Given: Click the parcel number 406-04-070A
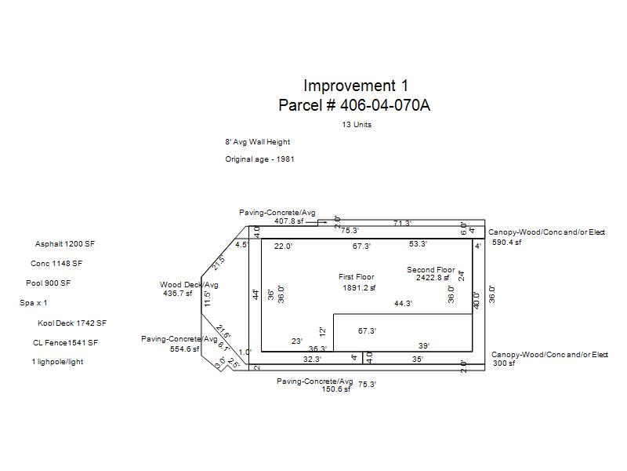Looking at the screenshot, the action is (385, 105).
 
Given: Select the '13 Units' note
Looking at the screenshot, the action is (357, 125).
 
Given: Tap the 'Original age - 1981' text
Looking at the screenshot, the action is (259, 159).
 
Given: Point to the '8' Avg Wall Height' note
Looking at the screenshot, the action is (258, 142).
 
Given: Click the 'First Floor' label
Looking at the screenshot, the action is (357, 277).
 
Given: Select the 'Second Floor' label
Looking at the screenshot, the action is (430, 270).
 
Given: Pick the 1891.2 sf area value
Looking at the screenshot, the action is (359, 287).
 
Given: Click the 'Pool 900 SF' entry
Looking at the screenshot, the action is (48, 283).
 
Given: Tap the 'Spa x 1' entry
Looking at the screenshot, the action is (33, 303).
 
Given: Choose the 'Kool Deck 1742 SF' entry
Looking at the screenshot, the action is (72, 323).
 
